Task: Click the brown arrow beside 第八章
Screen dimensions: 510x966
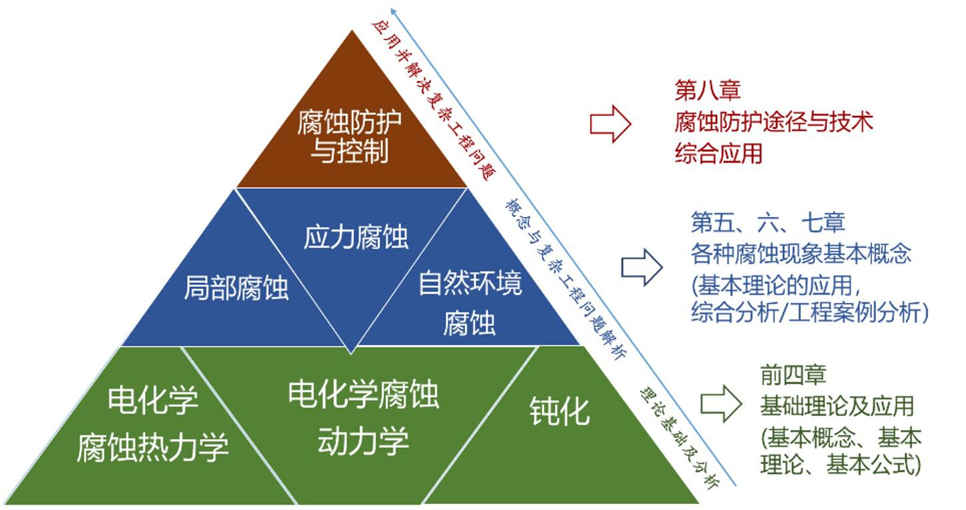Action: coord(610,124)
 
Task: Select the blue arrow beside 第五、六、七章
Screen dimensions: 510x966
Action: coord(642,268)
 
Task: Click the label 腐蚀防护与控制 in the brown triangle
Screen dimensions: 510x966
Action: coord(350,137)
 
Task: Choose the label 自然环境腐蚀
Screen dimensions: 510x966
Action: coord(470,303)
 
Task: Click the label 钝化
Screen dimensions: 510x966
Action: coord(560,411)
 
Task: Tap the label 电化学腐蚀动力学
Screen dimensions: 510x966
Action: coord(363,417)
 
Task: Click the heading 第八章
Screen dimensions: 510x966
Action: coord(707,90)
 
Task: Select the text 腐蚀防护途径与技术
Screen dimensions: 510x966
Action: coord(773,122)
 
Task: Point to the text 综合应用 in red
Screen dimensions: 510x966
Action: coord(718,154)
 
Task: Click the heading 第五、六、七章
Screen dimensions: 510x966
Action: coord(767,222)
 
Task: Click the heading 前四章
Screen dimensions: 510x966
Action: coord(793,375)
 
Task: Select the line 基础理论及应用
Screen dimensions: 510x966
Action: coord(836,405)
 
